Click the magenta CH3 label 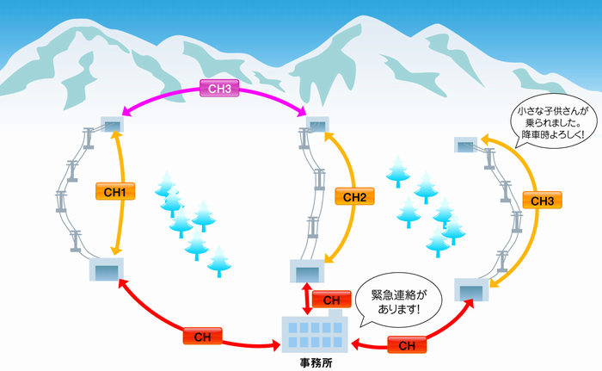pyautogui.click(x=214, y=87)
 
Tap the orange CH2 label pyautogui.click(x=354, y=198)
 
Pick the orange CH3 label pyautogui.click(x=542, y=201)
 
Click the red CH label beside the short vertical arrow pyautogui.click(x=331, y=300)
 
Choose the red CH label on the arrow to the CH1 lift pyautogui.click(x=203, y=336)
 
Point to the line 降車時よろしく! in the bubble pyautogui.click(x=550, y=135)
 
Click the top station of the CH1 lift pyautogui.click(x=112, y=126)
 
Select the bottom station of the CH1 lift pyautogui.click(x=106, y=270)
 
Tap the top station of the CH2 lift pyautogui.click(x=317, y=126)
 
